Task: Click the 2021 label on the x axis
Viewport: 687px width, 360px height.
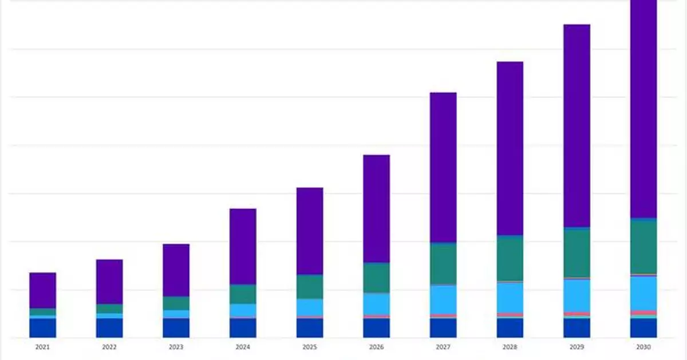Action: pos(42,347)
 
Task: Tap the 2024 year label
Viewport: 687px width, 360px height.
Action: pos(243,347)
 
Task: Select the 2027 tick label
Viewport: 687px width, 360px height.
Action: pos(443,347)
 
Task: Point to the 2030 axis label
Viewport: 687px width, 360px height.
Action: pos(643,347)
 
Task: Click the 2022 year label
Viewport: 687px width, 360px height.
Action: pos(109,347)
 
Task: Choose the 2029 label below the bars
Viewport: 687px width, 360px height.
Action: pos(577,347)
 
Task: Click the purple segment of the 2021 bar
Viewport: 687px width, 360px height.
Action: pos(42,290)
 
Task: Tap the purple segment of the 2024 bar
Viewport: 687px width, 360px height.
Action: pos(243,246)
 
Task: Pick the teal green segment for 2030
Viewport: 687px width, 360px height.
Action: pos(643,247)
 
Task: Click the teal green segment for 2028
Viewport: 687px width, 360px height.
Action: pos(510,258)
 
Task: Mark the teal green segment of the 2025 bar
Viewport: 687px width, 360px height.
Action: pos(310,287)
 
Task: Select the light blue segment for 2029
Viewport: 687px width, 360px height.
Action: pos(577,295)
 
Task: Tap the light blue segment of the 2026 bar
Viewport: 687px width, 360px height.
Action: pos(376,304)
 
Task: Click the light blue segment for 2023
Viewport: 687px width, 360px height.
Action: pos(176,314)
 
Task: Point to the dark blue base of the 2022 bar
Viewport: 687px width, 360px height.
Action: pos(109,327)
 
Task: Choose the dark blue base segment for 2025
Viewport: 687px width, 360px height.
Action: pos(310,327)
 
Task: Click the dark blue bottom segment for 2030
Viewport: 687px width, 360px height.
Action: pos(643,328)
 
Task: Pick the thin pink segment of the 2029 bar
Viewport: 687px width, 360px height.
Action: pos(577,314)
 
